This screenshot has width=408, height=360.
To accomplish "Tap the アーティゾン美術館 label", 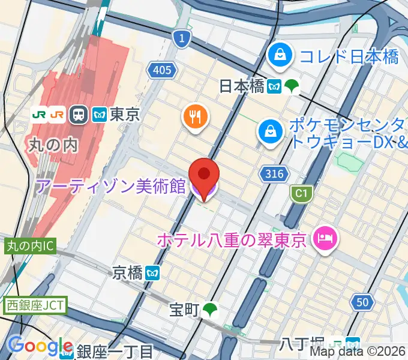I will (x=111, y=187).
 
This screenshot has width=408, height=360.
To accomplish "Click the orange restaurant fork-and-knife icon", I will (x=196, y=116).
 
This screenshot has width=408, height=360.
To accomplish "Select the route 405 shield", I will (x=161, y=71).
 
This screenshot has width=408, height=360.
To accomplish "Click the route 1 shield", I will (x=181, y=40).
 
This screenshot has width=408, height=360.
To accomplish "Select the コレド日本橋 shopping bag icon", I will (x=280, y=55).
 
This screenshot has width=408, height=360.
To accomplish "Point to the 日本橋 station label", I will (x=242, y=86).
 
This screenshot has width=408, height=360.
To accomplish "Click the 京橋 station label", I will (x=128, y=273).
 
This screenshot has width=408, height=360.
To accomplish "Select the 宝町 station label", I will (x=184, y=310).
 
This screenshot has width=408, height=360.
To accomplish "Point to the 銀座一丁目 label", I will (x=115, y=351).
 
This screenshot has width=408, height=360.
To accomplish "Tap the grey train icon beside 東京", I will (x=78, y=114).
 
